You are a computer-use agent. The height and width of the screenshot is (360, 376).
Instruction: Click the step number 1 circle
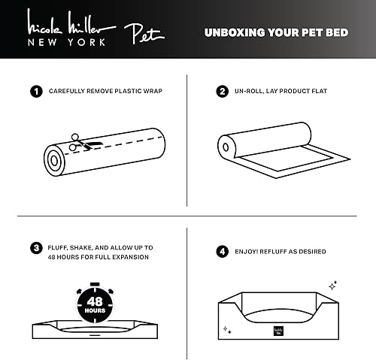(35, 92)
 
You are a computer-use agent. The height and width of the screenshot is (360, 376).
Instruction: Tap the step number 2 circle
(222, 92)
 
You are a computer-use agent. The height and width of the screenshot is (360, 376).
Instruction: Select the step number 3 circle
(35, 247)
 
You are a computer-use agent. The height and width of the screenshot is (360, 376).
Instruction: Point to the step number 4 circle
(222, 252)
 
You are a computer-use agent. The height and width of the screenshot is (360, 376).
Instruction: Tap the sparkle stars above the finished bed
(332, 285)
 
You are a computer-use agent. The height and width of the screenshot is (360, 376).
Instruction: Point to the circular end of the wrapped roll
(53, 160)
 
